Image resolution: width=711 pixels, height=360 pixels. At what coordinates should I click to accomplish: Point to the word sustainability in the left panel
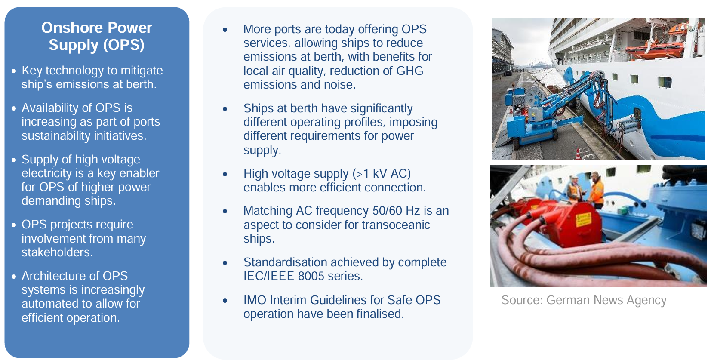(58, 136)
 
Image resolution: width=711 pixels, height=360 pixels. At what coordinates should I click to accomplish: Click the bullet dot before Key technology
(14, 71)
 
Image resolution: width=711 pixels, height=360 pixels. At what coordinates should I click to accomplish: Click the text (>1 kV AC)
(382, 174)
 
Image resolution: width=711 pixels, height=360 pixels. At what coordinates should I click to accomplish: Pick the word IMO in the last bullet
(254, 300)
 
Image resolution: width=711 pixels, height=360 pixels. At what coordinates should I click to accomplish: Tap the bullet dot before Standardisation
(225, 263)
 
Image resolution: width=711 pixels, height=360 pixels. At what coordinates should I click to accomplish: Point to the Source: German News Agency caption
(583, 300)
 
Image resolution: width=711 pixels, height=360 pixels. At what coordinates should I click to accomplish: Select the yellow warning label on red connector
(583, 220)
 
